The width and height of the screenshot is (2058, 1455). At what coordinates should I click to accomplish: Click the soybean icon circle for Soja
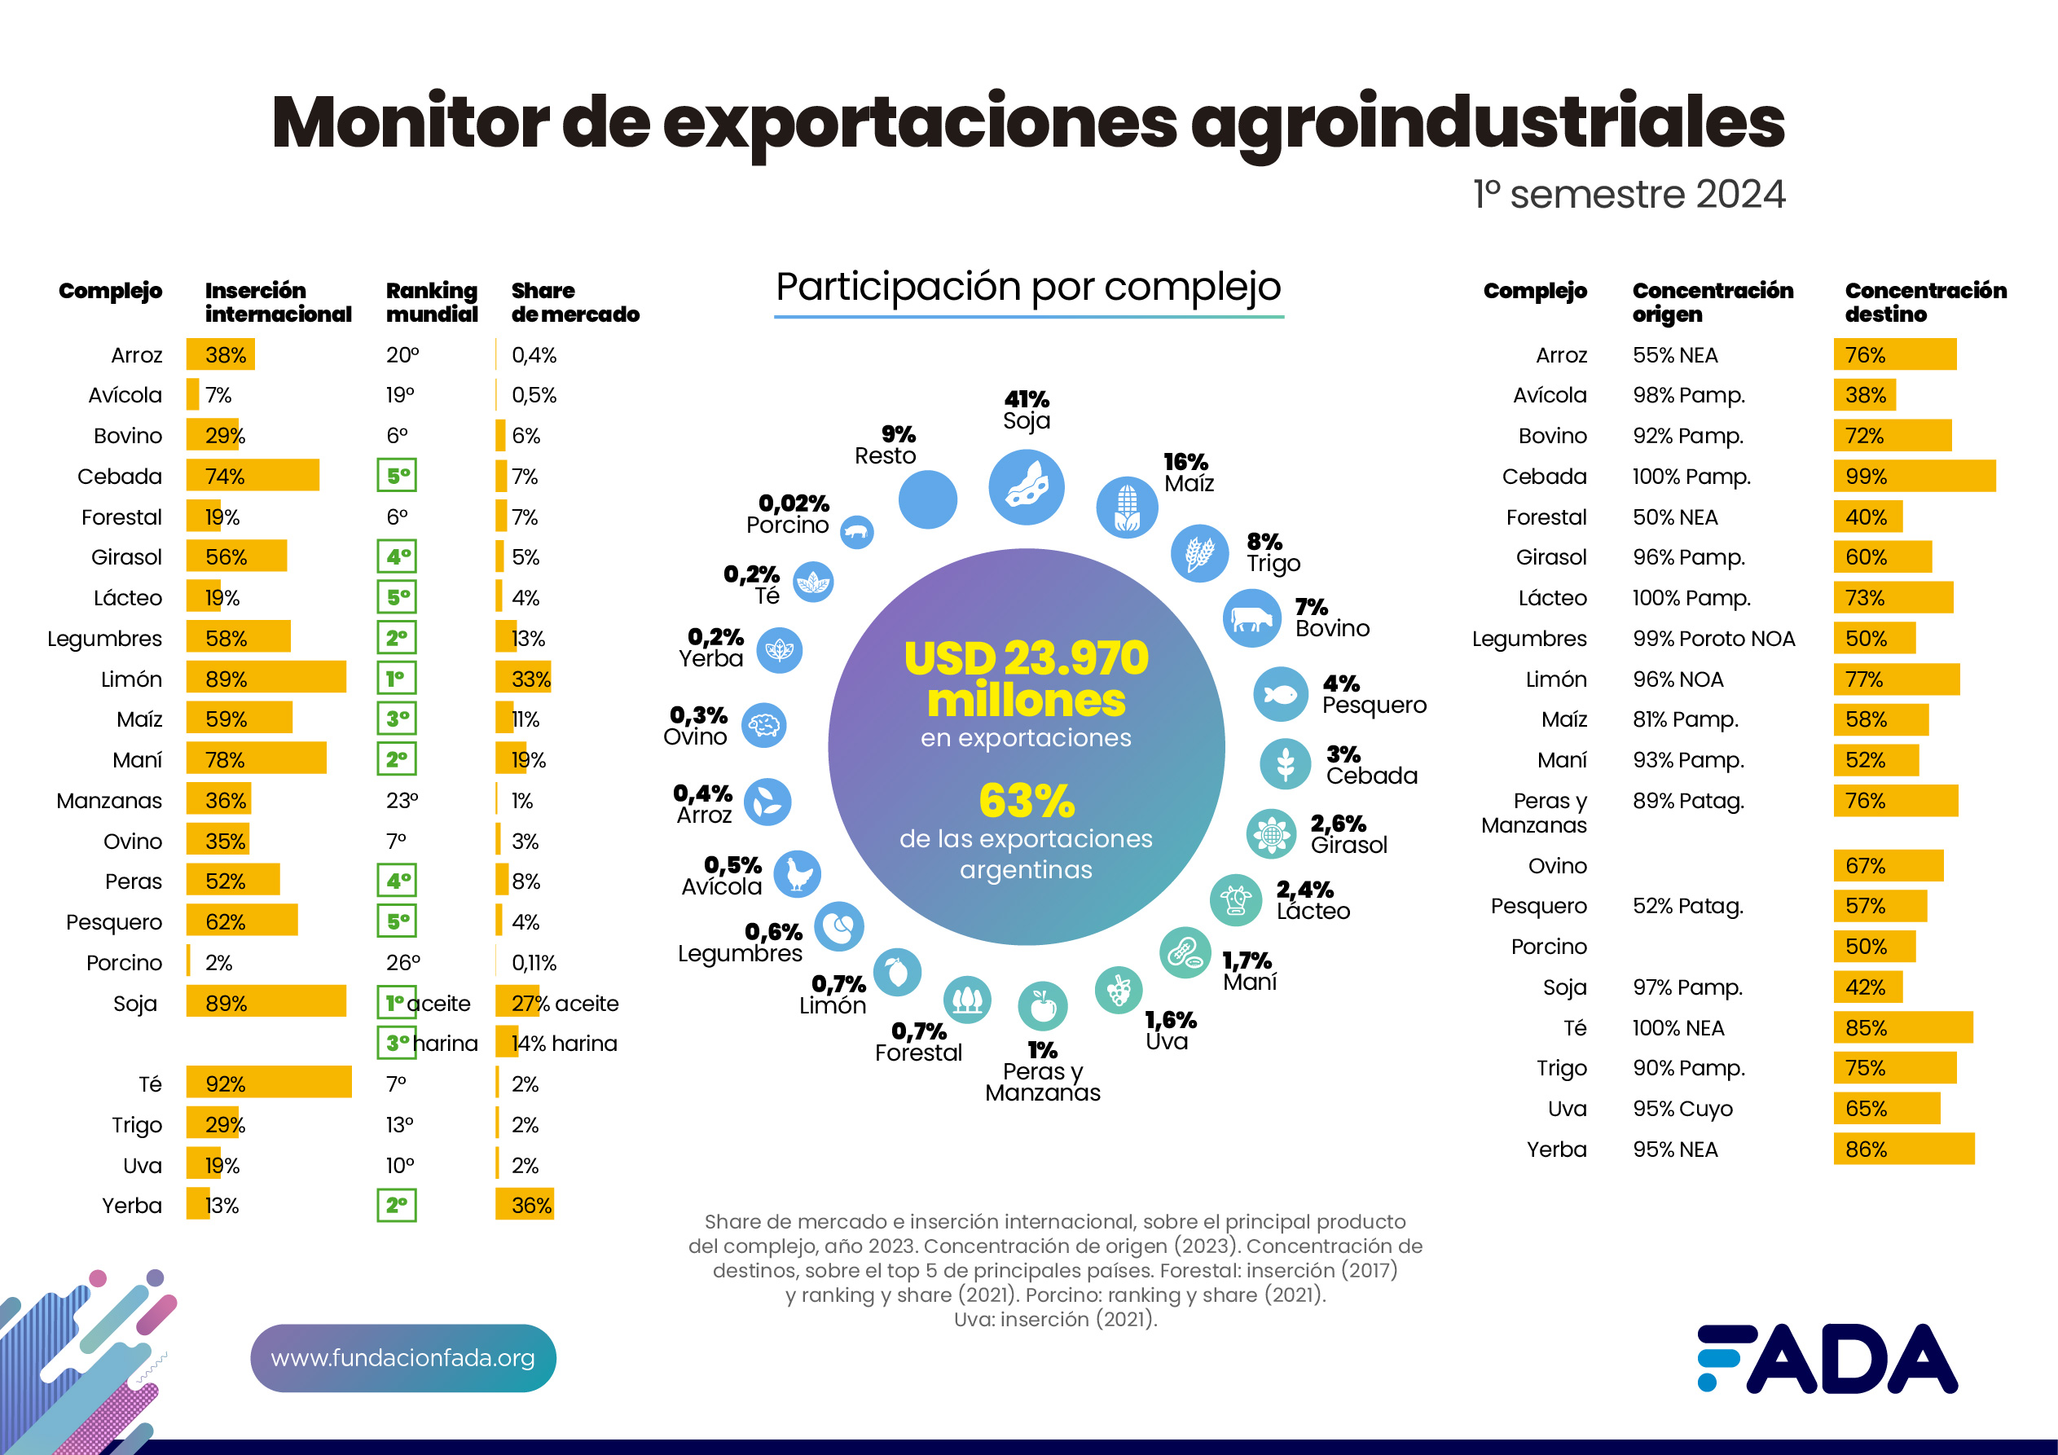(x=1027, y=487)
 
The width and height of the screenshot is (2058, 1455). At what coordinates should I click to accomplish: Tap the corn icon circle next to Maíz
(x=1127, y=508)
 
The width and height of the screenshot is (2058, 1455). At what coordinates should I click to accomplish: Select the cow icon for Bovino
(x=1251, y=618)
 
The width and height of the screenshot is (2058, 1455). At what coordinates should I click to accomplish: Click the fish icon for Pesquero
(x=1280, y=694)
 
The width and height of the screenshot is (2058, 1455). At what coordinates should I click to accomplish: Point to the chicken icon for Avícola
(x=797, y=874)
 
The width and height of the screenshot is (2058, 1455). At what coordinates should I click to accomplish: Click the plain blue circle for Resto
(x=928, y=499)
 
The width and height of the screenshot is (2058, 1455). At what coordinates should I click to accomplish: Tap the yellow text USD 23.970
(x=1026, y=658)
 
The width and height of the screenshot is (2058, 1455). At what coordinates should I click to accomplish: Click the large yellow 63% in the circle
(x=1027, y=801)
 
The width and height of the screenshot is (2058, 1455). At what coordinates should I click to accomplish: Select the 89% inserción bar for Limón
(x=266, y=678)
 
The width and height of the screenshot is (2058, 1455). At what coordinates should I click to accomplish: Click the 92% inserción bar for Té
(x=269, y=1082)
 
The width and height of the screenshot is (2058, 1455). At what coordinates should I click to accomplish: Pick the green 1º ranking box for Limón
(x=396, y=678)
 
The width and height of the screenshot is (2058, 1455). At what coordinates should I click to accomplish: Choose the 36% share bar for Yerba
(x=525, y=1204)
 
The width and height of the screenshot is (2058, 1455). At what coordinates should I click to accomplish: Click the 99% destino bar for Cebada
(x=1914, y=476)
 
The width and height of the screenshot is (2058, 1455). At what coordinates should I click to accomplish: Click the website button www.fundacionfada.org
(x=402, y=1357)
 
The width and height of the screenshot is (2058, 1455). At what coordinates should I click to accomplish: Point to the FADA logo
(x=1827, y=1358)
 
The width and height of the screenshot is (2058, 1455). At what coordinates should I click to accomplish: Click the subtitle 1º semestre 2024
(x=1629, y=195)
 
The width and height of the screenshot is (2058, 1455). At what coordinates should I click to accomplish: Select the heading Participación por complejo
(x=1028, y=287)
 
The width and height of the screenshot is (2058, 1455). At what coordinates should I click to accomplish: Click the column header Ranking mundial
(x=431, y=302)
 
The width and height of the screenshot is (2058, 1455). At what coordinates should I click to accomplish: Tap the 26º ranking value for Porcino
(x=402, y=962)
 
